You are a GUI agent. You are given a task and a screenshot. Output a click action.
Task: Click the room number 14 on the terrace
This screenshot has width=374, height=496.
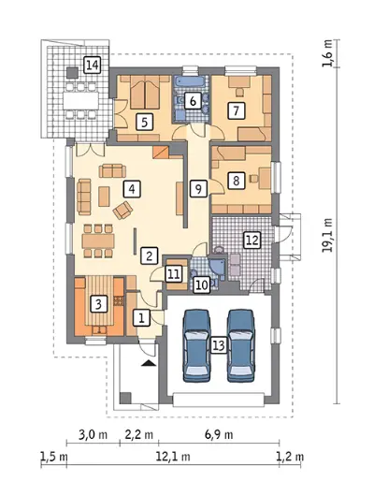coord(93,66)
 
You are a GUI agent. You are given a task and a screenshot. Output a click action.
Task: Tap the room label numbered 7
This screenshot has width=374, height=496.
coord(237,110)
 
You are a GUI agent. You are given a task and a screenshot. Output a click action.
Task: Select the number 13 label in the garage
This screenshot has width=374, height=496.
coord(219,344)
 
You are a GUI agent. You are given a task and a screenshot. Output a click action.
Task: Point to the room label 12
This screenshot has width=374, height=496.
coord(252,241)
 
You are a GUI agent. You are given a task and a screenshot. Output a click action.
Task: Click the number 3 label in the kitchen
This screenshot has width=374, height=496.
coord(98,304)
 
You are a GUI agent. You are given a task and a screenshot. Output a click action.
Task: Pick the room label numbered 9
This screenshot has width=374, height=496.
coord(198,189)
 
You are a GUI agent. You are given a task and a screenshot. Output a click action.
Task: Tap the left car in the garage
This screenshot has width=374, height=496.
coord(196,345)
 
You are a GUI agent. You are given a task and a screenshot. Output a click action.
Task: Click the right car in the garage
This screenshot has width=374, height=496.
coord(241,345)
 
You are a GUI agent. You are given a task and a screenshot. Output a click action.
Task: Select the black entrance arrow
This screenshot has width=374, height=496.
coord(149,363)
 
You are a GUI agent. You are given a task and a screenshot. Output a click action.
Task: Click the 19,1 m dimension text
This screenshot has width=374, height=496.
coord(328,235)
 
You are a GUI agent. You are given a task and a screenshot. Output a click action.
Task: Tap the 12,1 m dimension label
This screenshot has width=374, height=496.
coord(173,457)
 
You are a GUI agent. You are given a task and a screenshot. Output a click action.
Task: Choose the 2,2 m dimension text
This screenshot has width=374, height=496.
coord(139,434)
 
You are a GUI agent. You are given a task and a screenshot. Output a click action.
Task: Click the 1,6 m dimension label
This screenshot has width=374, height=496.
coord(328,53)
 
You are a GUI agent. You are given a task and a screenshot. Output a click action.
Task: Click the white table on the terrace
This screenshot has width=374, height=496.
coord(81,101)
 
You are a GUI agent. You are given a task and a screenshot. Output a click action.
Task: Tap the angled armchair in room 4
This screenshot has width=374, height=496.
coord(123,210)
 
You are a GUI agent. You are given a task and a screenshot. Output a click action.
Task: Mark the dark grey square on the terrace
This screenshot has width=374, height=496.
coord(72,73)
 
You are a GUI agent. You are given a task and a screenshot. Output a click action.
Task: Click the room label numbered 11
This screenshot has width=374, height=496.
coord(174,274)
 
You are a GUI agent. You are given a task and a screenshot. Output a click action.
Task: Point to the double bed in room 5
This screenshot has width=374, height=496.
coord(145,92)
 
